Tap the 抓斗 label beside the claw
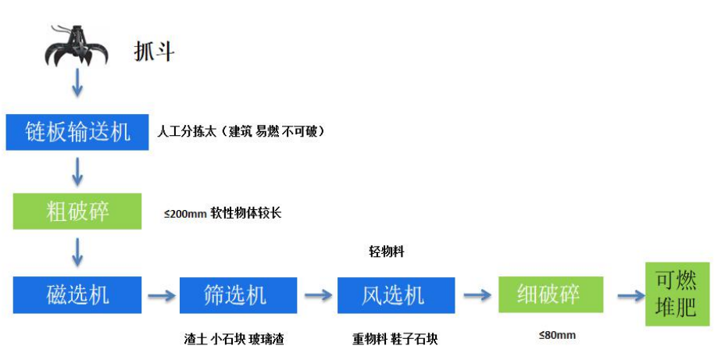coord(153,52)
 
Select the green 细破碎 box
coord(549,295)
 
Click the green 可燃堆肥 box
coord(675,294)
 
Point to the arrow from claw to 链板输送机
coord(77,84)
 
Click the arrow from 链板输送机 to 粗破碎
coord(77,171)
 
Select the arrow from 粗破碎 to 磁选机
coord(77,251)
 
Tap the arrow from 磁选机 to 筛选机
coord(159,296)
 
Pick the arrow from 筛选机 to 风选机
coord(317,296)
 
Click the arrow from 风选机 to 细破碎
coord(476,295)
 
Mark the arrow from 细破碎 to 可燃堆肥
coord(629,295)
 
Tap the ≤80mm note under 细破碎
coord(556,336)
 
